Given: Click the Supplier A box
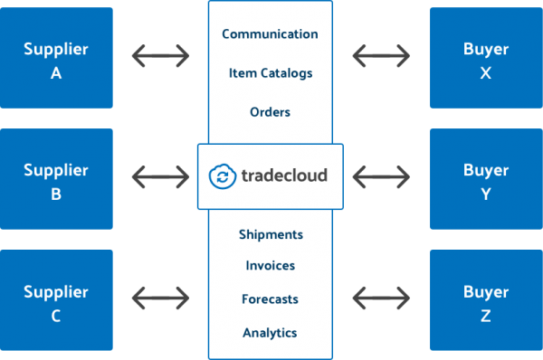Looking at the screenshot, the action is [x=56, y=58].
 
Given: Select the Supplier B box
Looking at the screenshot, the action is [x=56, y=179].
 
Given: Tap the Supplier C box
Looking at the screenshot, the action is [x=56, y=300].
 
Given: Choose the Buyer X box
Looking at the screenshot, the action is [x=486, y=58].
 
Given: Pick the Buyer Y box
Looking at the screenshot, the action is [x=486, y=179].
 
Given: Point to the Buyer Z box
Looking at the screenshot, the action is [x=486, y=300].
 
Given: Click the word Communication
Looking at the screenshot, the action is [x=270, y=34].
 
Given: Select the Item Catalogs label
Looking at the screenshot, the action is [x=271, y=73].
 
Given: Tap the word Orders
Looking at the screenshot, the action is [x=270, y=112].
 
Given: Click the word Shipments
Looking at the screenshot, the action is [x=271, y=234].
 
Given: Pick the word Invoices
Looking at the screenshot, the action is [x=270, y=266].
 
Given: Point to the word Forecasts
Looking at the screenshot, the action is [x=270, y=299].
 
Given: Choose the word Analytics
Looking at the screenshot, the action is [x=270, y=333].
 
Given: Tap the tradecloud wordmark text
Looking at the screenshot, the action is [x=284, y=175].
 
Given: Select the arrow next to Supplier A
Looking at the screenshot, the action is [x=161, y=56].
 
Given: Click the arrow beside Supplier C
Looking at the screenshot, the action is [x=161, y=298].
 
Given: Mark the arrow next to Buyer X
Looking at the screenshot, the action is [x=381, y=56].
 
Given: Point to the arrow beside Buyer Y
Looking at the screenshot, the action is [x=381, y=177].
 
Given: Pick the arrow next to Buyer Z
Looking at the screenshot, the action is [x=381, y=298].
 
